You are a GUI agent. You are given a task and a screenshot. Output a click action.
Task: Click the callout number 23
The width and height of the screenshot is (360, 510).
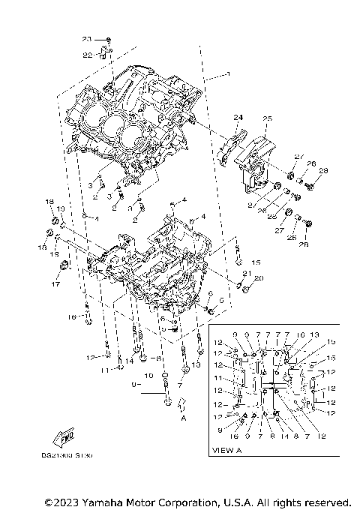tap(86, 38)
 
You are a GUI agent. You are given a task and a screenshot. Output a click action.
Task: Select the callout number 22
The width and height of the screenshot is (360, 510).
tap(87, 55)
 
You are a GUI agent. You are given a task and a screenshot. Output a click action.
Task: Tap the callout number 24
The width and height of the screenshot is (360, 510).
tap(238, 117)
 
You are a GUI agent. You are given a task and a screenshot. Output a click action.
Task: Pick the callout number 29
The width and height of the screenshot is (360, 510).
tap(323, 171)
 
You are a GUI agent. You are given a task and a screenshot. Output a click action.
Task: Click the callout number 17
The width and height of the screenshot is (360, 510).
tap(54, 284)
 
